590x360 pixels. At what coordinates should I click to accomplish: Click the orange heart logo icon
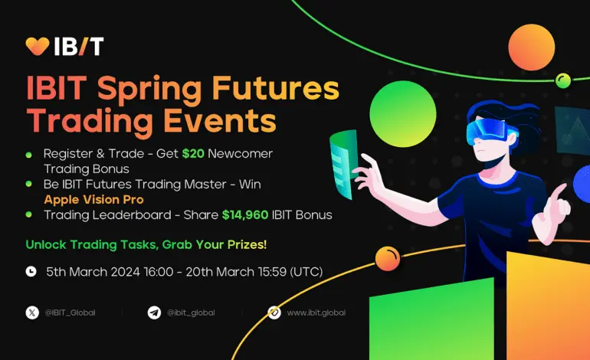coord(38,46)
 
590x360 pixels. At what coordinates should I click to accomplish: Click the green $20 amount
coord(193,153)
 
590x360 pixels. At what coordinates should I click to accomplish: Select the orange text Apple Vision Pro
coord(93,199)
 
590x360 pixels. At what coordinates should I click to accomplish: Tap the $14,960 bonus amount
coord(245,214)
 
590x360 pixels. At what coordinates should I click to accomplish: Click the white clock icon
coord(31,271)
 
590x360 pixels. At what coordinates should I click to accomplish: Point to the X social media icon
coord(32,313)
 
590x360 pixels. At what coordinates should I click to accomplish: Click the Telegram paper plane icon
coord(154,313)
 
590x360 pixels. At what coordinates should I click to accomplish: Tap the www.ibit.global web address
coord(316,313)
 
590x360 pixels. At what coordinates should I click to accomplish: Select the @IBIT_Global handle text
coord(70,313)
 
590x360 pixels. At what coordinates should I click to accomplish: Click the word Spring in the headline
coord(149,89)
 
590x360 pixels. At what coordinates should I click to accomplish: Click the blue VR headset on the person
coord(489,130)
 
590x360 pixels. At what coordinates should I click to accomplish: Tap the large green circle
coord(403,113)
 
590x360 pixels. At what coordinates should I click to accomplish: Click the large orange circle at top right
coord(531,47)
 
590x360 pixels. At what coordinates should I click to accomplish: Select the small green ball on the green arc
coord(563,80)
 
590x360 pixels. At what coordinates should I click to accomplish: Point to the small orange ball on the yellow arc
coord(388,258)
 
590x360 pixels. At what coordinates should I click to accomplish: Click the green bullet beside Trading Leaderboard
coord(28,214)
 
